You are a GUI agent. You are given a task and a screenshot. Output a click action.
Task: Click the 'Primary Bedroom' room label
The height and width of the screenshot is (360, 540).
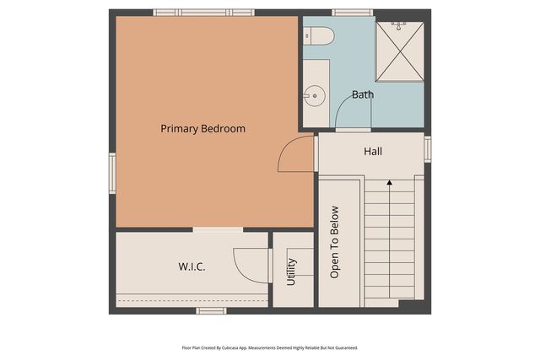click(202, 129)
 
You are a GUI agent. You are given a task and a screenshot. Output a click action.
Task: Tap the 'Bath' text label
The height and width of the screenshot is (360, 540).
click(363, 94)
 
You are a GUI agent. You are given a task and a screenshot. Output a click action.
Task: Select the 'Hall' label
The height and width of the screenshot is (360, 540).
click(372, 152)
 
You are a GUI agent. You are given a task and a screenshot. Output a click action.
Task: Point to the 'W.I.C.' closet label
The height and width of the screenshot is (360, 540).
click(192, 266)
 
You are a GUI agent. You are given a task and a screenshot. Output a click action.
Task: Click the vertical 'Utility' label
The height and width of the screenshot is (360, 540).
click(291, 271)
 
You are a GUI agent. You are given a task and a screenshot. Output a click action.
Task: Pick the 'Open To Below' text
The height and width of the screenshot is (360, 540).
click(334, 242)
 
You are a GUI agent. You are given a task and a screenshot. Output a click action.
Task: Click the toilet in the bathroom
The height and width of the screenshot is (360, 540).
click(320, 35)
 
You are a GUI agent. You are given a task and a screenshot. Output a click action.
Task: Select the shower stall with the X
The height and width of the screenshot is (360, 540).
click(399, 51)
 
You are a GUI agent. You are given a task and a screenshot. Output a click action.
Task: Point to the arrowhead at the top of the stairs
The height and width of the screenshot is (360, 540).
click(389, 181)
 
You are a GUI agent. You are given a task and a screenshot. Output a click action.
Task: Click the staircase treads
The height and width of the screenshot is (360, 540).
click(389, 244)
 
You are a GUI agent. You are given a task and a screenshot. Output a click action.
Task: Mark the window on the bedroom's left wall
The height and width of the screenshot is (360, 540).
click(111, 173)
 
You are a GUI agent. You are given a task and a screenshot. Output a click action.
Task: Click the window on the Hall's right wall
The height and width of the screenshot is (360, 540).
click(428, 148)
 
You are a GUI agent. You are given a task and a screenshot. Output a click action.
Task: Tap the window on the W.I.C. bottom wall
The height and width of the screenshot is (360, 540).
click(211, 311)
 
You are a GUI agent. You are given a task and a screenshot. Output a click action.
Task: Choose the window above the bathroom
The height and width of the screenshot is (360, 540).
click(352, 13)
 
